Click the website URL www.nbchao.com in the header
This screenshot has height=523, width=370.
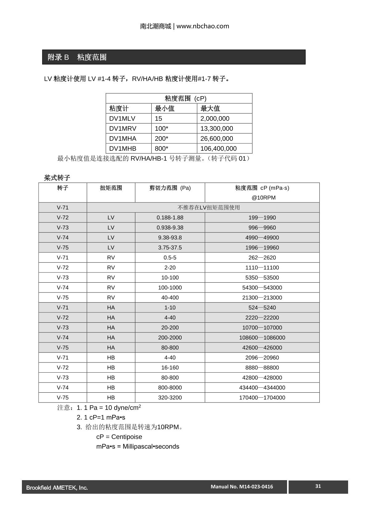(x=203, y=26)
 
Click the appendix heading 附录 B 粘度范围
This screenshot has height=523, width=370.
(x=77, y=57)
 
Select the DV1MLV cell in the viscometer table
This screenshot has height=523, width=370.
(x=122, y=119)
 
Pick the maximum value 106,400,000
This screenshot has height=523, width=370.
(x=218, y=149)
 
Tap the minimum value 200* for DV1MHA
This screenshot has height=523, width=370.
(x=162, y=139)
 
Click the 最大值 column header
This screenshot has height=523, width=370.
(x=210, y=108)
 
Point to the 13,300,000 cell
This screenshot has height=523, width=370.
(x=216, y=129)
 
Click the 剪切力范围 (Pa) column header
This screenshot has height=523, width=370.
(x=170, y=188)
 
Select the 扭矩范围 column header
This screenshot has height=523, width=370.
(x=111, y=188)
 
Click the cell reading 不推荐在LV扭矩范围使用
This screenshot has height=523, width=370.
(x=208, y=207)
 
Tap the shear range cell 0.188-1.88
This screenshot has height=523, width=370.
(x=170, y=218)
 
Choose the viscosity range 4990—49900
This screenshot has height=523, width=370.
(x=262, y=238)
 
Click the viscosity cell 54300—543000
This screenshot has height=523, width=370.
(x=262, y=288)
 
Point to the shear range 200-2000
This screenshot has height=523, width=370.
(x=170, y=337)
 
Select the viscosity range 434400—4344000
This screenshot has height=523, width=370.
(x=262, y=387)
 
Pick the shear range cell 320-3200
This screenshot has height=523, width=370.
(x=170, y=398)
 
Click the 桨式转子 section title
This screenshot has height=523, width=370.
(x=57, y=178)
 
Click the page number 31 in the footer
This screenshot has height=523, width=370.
(x=318, y=486)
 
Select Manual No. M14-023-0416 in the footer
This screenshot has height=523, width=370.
(x=242, y=487)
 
